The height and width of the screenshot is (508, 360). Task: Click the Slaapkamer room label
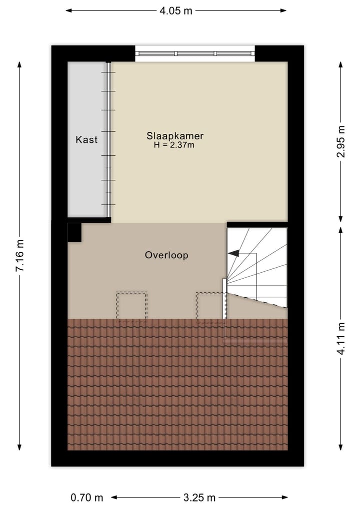175,135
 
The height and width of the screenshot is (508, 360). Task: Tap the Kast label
86,140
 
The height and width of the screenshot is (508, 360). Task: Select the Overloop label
166,255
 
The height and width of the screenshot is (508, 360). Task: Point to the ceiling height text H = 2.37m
174,145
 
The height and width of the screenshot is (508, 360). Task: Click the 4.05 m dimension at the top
176,10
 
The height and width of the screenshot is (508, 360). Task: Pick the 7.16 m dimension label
20,255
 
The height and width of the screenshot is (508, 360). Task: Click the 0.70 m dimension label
86,498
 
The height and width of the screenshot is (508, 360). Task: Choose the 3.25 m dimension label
199,498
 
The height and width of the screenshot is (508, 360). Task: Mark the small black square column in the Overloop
74,232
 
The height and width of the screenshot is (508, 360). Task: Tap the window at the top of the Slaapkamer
195,53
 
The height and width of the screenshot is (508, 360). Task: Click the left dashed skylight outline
131,306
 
